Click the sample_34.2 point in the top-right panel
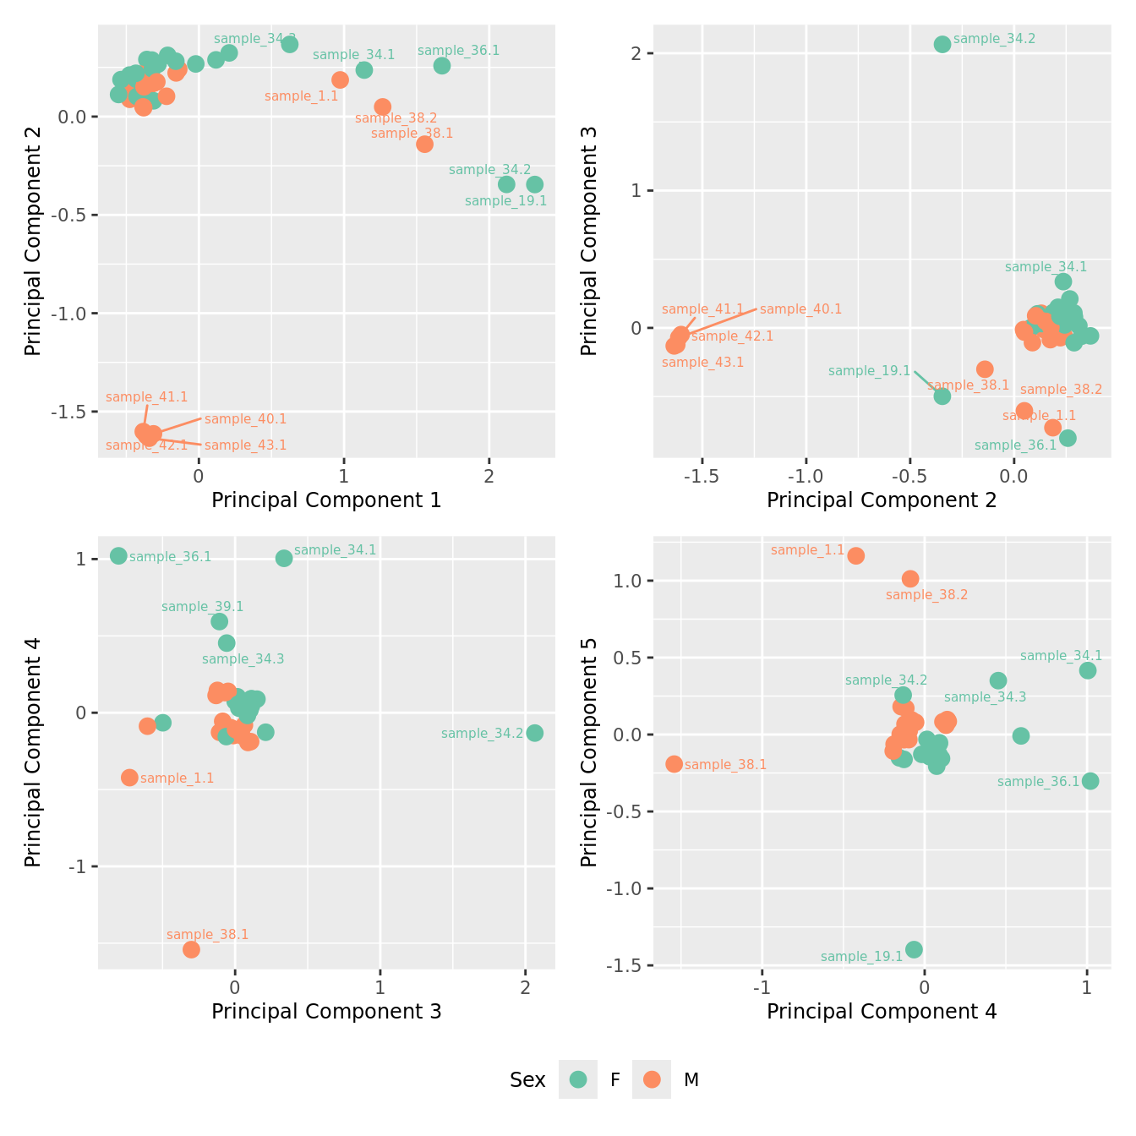click(x=942, y=44)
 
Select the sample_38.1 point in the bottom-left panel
click(x=191, y=949)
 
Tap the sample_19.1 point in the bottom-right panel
click(x=914, y=950)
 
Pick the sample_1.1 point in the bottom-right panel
click(x=856, y=555)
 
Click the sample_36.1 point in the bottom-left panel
click(x=118, y=555)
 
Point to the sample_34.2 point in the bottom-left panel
click(x=534, y=733)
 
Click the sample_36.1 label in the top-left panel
click(x=458, y=51)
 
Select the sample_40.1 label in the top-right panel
click(x=800, y=309)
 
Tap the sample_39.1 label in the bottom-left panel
click(x=202, y=607)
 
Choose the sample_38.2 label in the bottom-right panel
click(x=926, y=595)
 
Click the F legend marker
click(x=578, y=1079)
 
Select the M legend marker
click(x=652, y=1079)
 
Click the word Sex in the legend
click(x=527, y=1080)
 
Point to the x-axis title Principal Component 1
click(x=326, y=500)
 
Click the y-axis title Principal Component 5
click(x=589, y=751)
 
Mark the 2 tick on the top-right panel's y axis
click(x=636, y=53)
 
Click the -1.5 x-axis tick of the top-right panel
click(x=702, y=477)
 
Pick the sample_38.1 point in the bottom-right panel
click(x=674, y=764)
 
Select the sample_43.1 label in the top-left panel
click(x=245, y=445)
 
